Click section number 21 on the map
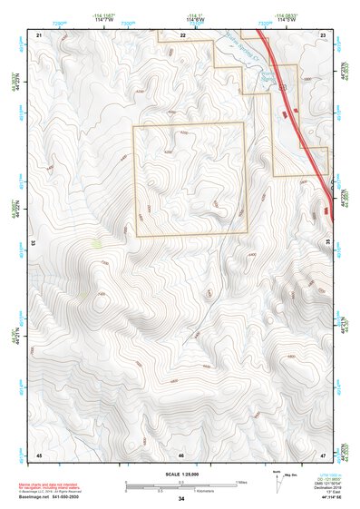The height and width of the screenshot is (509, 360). (39, 34)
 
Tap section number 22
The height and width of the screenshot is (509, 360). (182, 34)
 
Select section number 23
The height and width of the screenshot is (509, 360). (324, 34)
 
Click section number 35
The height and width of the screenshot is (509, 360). (328, 243)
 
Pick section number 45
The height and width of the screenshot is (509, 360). (39, 453)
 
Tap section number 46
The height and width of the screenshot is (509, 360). (181, 453)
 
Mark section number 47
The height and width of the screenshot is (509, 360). (324, 453)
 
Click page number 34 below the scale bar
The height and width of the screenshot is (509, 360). (181, 499)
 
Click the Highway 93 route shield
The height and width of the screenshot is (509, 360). (284, 87)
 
